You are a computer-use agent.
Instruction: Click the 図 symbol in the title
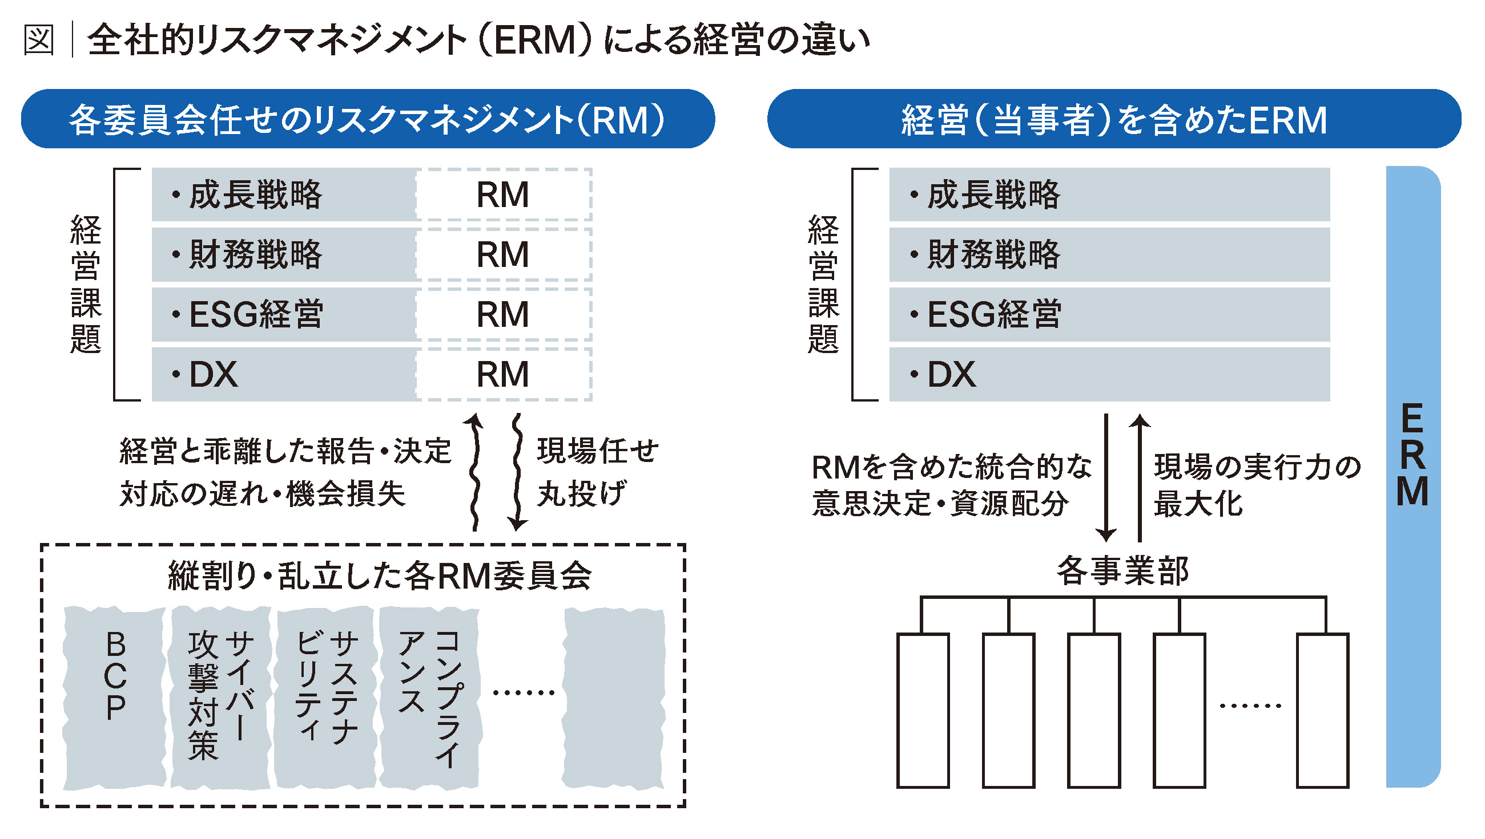point(39,40)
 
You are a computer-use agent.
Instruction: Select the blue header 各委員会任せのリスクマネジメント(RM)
point(368,119)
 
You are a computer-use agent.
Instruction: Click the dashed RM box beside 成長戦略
point(504,194)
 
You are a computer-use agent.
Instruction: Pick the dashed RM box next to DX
point(504,374)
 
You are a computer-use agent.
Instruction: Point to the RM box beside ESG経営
point(504,314)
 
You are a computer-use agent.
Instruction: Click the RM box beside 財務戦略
point(504,254)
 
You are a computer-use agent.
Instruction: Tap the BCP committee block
point(115,697)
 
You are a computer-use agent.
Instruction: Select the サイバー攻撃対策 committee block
point(221,697)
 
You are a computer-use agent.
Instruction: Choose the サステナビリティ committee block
point(326,697)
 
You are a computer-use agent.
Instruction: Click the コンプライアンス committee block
point(430,697)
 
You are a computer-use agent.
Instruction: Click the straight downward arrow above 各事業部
point(1105,477)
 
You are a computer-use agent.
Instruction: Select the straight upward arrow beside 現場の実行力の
point(1139,477)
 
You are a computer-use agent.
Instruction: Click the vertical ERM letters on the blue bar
point(1412,455)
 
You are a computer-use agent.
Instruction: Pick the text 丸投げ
point(581,494)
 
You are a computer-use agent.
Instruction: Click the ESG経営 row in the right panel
point(1109,314)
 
